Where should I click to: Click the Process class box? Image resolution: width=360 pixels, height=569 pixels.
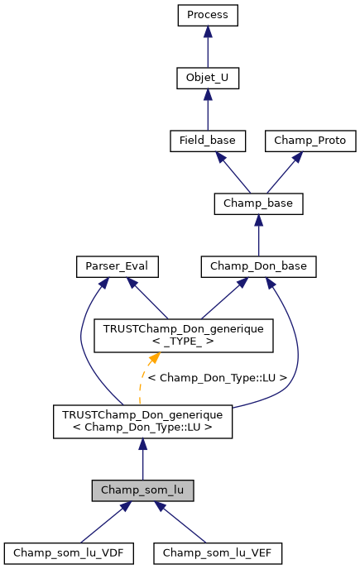coord(208,15)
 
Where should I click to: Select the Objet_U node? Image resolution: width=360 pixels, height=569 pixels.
coord(208,78)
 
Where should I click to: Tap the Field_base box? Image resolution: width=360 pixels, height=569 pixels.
coord(208,141)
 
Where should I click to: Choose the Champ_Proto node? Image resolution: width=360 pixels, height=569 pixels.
coord(310,141)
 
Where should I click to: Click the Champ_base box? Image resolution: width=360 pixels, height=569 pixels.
coord(258,203)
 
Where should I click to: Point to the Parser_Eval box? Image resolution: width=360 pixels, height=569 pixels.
coord(117,266)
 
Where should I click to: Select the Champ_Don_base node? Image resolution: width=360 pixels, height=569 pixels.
coord(258,266)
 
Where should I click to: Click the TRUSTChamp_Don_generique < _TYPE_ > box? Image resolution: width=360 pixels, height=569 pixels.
coord(184,335)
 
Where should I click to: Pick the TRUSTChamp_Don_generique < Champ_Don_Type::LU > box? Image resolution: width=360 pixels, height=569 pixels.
coord(143,421)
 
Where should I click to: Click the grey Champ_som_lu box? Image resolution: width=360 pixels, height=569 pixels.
coord(143,490)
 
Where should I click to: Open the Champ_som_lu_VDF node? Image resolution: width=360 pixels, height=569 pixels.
coord(69,552)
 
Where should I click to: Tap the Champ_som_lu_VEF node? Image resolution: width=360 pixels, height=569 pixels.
coord(218,552)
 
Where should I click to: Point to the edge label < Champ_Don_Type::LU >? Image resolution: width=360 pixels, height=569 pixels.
coord(217,378)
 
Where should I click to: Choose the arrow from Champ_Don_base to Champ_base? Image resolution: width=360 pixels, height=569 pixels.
coord(258,235)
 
